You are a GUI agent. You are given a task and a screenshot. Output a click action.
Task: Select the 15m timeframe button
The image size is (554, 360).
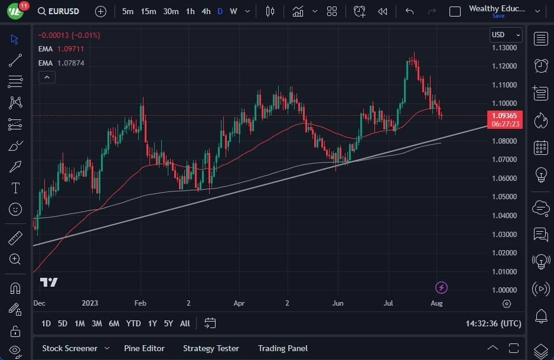tap(148, 11)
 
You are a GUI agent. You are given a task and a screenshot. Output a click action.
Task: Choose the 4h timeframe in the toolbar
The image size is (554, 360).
tap(206, 11)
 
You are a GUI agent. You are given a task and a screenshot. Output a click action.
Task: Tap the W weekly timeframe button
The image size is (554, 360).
tap(233, 11)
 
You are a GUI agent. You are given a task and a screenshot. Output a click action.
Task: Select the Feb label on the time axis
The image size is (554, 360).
tap(139, 303)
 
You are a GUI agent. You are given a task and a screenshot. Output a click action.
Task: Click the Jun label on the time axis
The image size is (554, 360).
tap(337, 303)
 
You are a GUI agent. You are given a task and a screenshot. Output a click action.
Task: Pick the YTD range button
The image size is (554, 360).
tap(133, 323)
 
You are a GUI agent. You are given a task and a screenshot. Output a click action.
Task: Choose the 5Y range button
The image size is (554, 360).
tap(168, 323)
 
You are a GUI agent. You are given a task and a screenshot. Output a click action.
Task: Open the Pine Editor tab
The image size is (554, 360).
tap(144, 348)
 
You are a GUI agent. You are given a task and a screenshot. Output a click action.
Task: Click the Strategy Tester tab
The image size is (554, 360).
tap(211, 348)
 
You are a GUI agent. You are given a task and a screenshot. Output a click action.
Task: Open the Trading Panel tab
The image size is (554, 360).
tap(282, 348)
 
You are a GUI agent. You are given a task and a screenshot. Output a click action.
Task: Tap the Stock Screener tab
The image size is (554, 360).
tap(70, 348)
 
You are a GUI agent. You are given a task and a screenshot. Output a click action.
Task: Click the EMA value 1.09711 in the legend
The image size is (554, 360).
tap(71, 48)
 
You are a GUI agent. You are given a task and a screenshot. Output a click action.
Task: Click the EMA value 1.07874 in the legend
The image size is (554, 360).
tap(71, 63)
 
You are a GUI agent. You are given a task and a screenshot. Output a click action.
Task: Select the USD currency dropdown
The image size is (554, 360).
tap(506, 34)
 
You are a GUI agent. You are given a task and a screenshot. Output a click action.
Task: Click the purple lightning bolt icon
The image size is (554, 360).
tap(441, 288)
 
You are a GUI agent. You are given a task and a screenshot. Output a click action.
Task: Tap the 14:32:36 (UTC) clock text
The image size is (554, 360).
tap(493, 323)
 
